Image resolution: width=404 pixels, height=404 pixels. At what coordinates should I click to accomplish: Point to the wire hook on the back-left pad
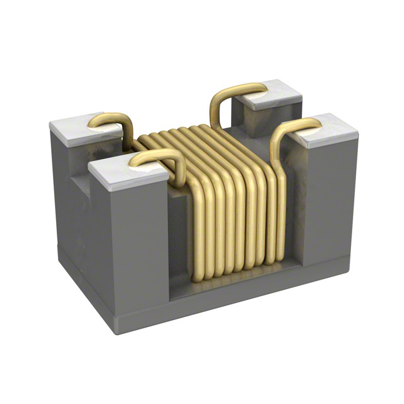click(x=112, y=120)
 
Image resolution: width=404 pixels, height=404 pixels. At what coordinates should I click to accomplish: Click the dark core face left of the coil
click(x=179, y=234)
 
